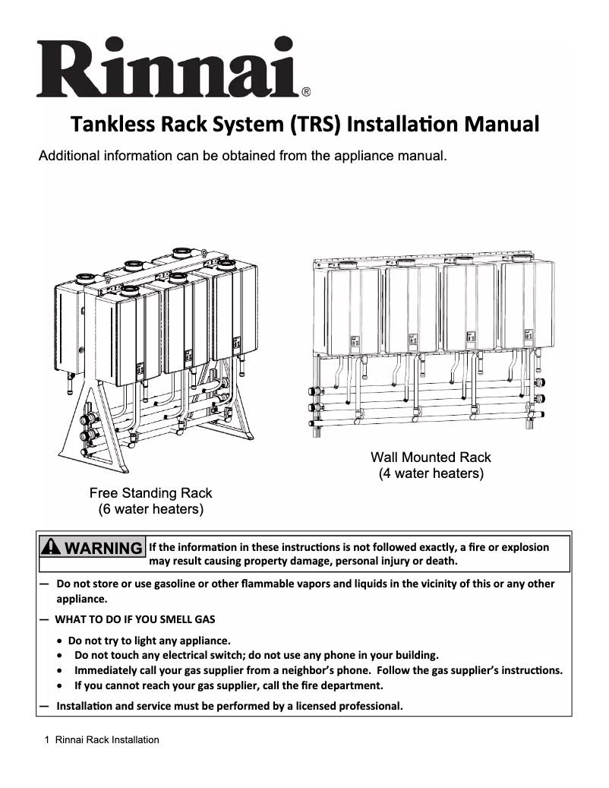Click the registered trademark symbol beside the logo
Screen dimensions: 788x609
[305, 93]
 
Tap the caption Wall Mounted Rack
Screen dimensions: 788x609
[431, 457]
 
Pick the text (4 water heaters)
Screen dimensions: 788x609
[431, 474]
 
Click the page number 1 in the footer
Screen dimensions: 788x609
[47, 739]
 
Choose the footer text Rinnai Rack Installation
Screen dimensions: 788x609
[107, 739]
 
